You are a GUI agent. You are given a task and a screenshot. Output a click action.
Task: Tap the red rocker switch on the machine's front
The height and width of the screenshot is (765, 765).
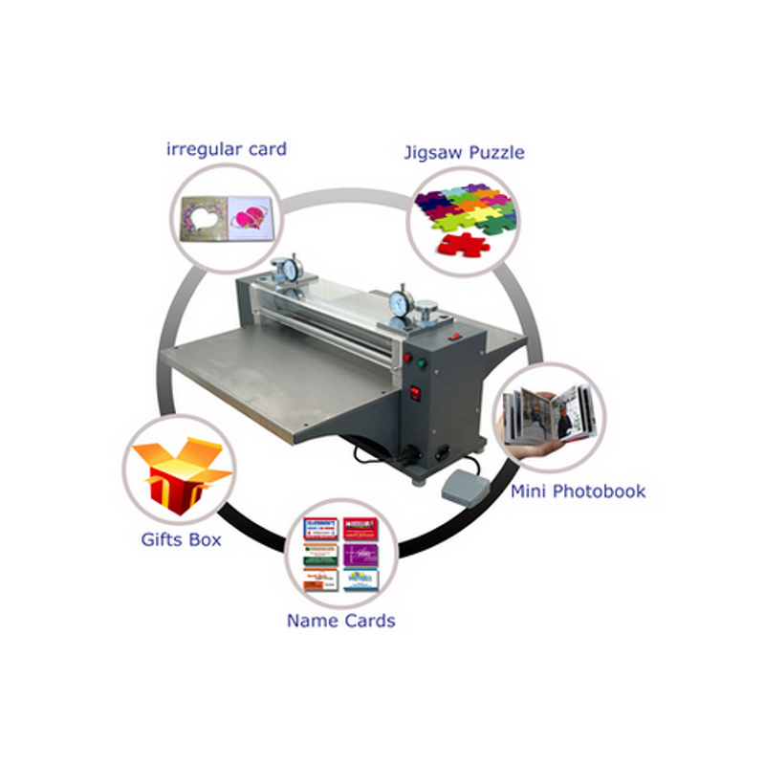tap(415, 393)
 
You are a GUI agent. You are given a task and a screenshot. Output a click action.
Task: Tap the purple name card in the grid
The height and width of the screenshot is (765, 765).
tap(357, 554)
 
